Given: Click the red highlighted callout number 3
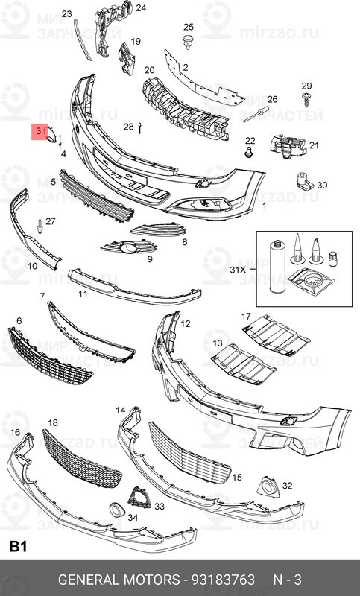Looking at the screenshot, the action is (x=39, y=132).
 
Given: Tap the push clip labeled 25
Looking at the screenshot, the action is (x=188, y=42).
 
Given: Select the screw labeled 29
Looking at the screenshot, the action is (x=306, y=99).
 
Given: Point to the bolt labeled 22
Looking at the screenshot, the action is (x=249, y=153).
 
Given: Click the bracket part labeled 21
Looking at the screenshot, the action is (x=288, y=145).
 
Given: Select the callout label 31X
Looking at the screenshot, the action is (x=238, y=270).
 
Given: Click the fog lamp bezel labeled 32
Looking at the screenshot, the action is (x=269, y=486).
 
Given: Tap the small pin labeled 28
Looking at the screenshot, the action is (x=140, y=128).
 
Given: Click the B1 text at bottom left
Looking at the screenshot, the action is (x=17, y=547).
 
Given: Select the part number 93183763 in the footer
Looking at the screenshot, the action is (x=223, y=580).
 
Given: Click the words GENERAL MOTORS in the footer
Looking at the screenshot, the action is (x=119, y=580).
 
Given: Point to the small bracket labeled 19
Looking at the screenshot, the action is (x=127, y=59).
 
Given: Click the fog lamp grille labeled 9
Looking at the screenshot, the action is (x=128, y=247).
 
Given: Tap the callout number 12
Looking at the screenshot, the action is (x=185, y=324).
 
